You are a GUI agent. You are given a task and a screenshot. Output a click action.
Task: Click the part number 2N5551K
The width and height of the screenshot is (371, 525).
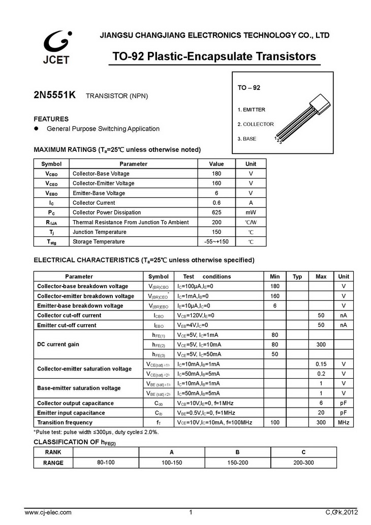tap(55, 95)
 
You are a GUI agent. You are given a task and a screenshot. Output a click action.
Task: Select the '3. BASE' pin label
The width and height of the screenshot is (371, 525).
tap(246, 139)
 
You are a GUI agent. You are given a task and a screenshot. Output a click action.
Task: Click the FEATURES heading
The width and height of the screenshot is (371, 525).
tap(51, 119)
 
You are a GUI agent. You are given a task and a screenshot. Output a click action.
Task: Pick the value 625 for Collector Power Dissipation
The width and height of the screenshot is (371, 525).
tap(217, 212)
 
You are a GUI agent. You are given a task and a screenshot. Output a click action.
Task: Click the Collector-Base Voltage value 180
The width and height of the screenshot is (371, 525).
tap(217, 174)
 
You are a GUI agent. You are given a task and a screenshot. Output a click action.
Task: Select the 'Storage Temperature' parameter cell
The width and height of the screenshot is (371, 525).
tap(99, 242)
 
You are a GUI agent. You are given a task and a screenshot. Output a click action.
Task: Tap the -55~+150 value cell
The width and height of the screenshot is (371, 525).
tap(217, 242)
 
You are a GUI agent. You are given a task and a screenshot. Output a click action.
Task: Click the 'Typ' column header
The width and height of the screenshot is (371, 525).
tap(297, 276)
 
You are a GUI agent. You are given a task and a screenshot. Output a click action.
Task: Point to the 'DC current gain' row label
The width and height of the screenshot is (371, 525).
tap(58, 345)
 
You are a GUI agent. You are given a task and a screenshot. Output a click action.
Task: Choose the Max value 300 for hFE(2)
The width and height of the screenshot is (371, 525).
tap(321, 345)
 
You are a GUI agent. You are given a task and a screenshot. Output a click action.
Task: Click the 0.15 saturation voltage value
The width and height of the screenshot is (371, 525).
tap(321, 364)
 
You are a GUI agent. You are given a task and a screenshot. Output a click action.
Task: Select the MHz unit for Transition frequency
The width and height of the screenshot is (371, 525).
tap(344, 422)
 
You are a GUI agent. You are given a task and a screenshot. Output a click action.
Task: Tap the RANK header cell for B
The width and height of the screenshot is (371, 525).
tap(237, 452)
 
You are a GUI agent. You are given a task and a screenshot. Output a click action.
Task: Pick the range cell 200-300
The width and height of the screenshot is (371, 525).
tap(303, 462)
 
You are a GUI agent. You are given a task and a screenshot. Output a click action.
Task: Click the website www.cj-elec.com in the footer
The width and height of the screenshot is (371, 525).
tap(48, 512)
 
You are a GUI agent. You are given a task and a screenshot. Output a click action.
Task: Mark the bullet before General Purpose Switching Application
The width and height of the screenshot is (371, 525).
tap(37, 129)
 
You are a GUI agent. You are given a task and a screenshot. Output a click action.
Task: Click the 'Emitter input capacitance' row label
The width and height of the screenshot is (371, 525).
tap(71, 413)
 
